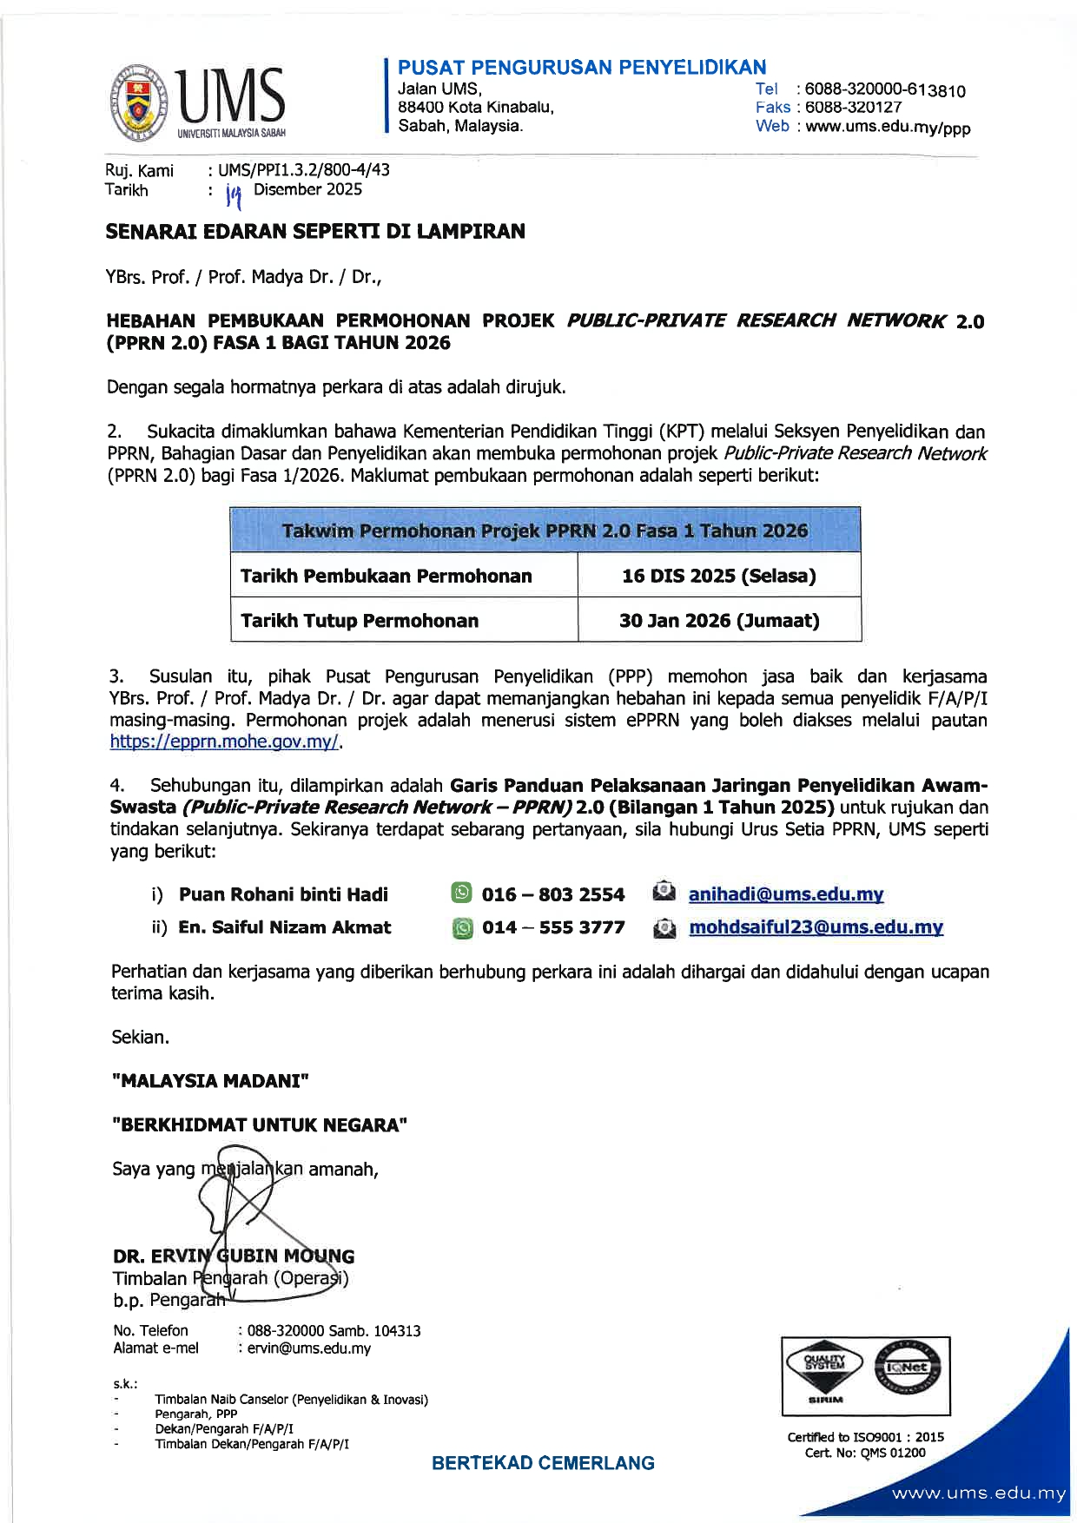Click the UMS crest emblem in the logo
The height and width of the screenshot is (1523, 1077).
tap(140, 102)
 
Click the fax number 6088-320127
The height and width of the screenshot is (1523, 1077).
tap(853, 108)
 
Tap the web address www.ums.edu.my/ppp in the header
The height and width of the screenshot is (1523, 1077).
tap(888, 127)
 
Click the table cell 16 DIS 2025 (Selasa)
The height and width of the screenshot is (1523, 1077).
tap(718, 576)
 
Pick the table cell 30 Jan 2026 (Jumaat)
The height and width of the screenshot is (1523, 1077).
tap(718, 621)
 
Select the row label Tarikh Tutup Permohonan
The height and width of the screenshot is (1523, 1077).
tap(360, 621)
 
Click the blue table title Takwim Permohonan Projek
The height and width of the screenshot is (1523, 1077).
tap(545, 531)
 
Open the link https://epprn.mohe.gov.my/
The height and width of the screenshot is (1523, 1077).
tap(226, 742)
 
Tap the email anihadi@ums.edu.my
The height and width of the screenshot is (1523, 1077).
tap(785, 894)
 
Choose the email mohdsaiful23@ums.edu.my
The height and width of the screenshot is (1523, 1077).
tap(816, 927)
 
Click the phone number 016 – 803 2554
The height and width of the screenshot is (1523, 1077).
tap(552, 894)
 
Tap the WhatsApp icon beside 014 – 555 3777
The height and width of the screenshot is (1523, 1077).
tap(463, 928)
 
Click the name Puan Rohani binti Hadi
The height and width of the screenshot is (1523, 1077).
tap(283, 894)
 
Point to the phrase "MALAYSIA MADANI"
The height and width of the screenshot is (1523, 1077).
tap(211, 1081)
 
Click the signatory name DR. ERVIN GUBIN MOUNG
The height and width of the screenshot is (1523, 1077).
tap(233, 1256)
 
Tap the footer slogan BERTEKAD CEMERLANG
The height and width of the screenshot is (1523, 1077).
tap(543, 1463)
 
